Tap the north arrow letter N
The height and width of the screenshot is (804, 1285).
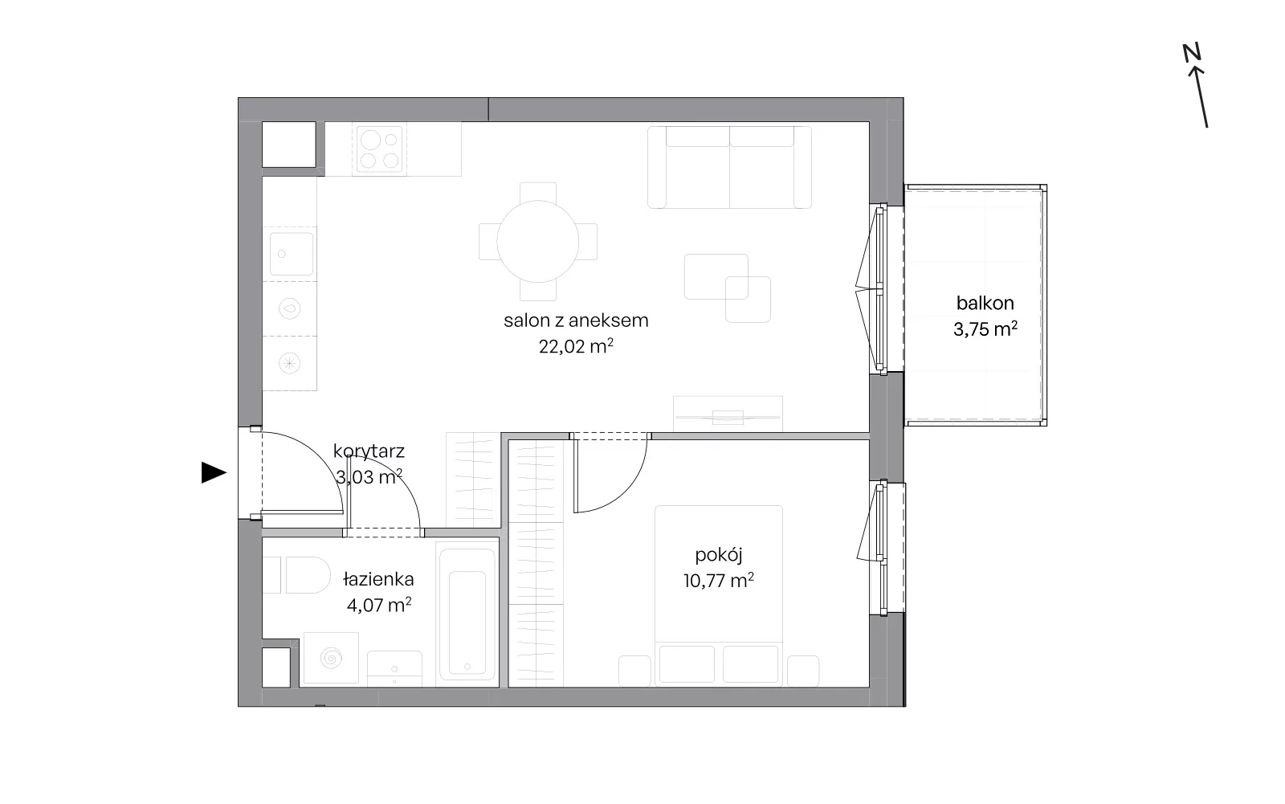1192,52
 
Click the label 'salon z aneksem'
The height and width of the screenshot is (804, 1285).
576,320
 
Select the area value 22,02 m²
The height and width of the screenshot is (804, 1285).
576,346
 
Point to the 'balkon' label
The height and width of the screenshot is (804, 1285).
985,303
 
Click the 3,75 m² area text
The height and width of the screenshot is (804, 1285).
985,329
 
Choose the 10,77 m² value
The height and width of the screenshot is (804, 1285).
718,581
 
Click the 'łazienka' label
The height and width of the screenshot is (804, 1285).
378,579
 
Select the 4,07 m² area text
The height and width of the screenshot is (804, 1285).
378,605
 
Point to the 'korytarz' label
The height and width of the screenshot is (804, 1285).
369,451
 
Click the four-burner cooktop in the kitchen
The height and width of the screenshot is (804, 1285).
378,149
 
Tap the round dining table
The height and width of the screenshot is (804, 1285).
537,241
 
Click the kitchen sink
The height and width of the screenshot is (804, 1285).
292,254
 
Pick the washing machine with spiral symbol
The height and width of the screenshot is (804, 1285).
331,658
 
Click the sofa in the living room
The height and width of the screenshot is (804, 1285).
729,167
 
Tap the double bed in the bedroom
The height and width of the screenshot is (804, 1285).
719,596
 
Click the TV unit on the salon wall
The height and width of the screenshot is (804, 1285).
728,414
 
